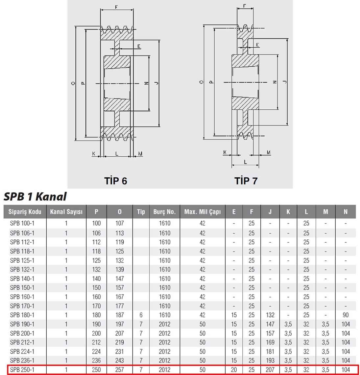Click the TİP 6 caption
tap(116, 181)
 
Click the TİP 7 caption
tap(246, 181)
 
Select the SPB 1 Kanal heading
tap(35, 197)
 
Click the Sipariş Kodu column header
tap(25, 212)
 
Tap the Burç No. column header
tap(165, 212)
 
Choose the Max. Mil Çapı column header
tap(203, 212)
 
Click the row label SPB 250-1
tap(22, 370)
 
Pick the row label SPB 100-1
tap(22, 223)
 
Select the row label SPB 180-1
tap(22, 315)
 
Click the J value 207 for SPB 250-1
tap(270, 370)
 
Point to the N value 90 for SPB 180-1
tap(346, 315)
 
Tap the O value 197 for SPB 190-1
tap(120, 324)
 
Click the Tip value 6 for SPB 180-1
tap(141, 315)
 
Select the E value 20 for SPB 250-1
tap(234, 370)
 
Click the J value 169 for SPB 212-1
tap(270, 342)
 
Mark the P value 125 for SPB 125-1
tap(96, 260)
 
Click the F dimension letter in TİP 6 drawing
tap(116, 7)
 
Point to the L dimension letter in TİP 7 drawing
tap(245, 162)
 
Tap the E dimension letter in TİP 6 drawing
tap(139, 46)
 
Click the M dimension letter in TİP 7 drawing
tap(269, 152)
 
